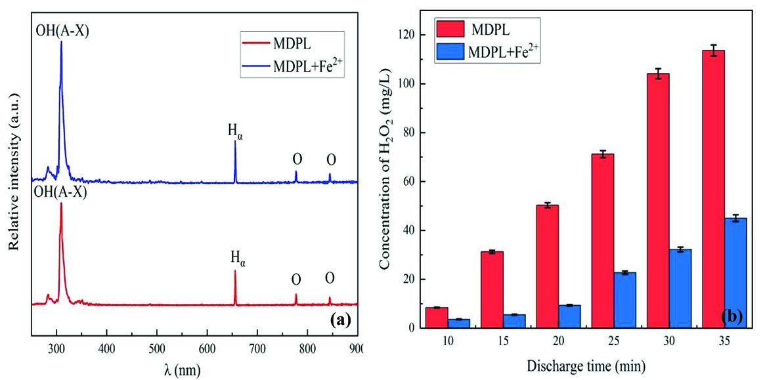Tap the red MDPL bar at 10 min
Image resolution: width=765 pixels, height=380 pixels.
437,318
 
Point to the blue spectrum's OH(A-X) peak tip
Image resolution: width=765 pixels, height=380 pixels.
62,42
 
